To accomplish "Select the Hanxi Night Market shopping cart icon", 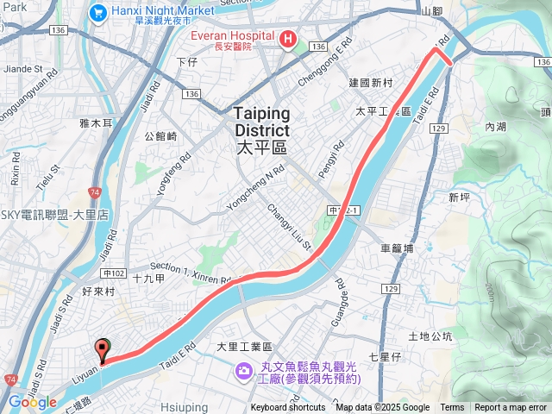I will pos(97,13).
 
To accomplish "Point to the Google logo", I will pos(32,402).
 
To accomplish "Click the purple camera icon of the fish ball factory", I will pos(244,371).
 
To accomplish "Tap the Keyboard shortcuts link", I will pos(288,408).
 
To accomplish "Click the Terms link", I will pos(452,408).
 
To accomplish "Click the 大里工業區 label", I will pos(244,347).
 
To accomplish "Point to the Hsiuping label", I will pos(184,406).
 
